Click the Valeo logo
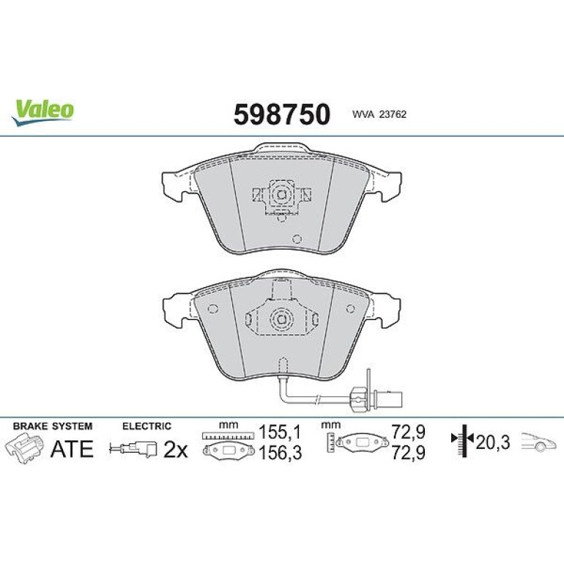coord(42,112)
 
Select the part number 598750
coord(282,114)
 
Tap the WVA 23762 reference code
coord(379,114)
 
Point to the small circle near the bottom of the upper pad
coord(297,239)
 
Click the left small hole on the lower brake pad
coord(213,309)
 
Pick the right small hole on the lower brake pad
coord(350,308)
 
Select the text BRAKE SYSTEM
coord(53,426)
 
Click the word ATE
coord(72,448)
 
